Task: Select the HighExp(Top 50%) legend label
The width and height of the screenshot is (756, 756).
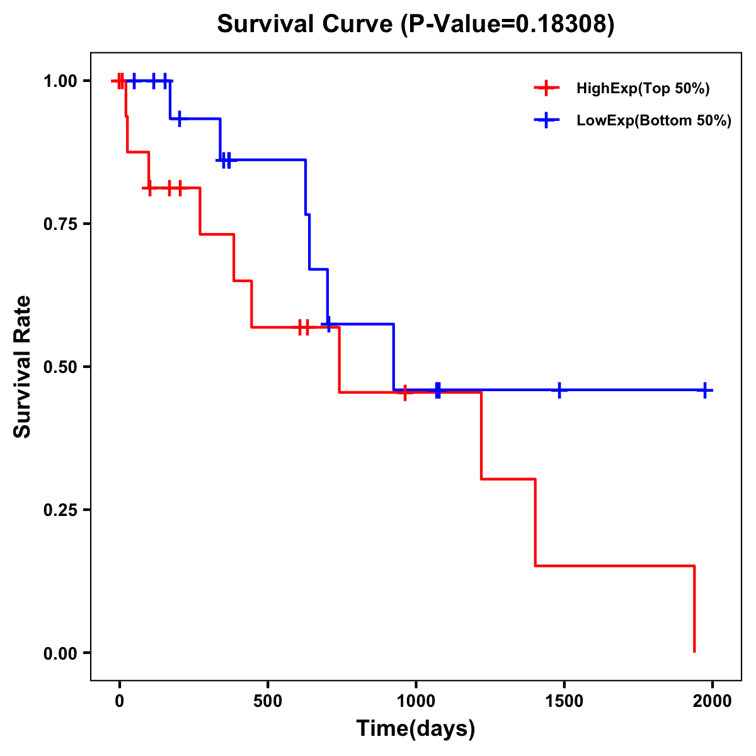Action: click(x=643, y=89)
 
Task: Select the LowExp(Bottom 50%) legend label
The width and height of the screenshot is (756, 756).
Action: click(x=654, y=121)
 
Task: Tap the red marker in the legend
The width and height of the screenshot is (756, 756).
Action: click(x=546, y=88)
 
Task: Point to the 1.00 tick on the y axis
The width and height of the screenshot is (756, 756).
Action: click(x=60, y=81)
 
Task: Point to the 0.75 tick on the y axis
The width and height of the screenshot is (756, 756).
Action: click(x=60, y=224)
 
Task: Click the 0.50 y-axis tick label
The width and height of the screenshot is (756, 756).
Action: click(x=60, y=367)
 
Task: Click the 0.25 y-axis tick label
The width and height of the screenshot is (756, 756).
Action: click(x=60, y=510)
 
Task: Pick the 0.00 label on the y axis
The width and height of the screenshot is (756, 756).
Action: click(x=60, y=653)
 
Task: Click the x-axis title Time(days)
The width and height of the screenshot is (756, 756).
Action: click(x=416, y=729)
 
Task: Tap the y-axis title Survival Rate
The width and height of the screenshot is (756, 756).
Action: click(x=23, y=367)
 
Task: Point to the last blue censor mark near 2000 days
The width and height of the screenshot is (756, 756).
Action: click(x=704, y=390)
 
